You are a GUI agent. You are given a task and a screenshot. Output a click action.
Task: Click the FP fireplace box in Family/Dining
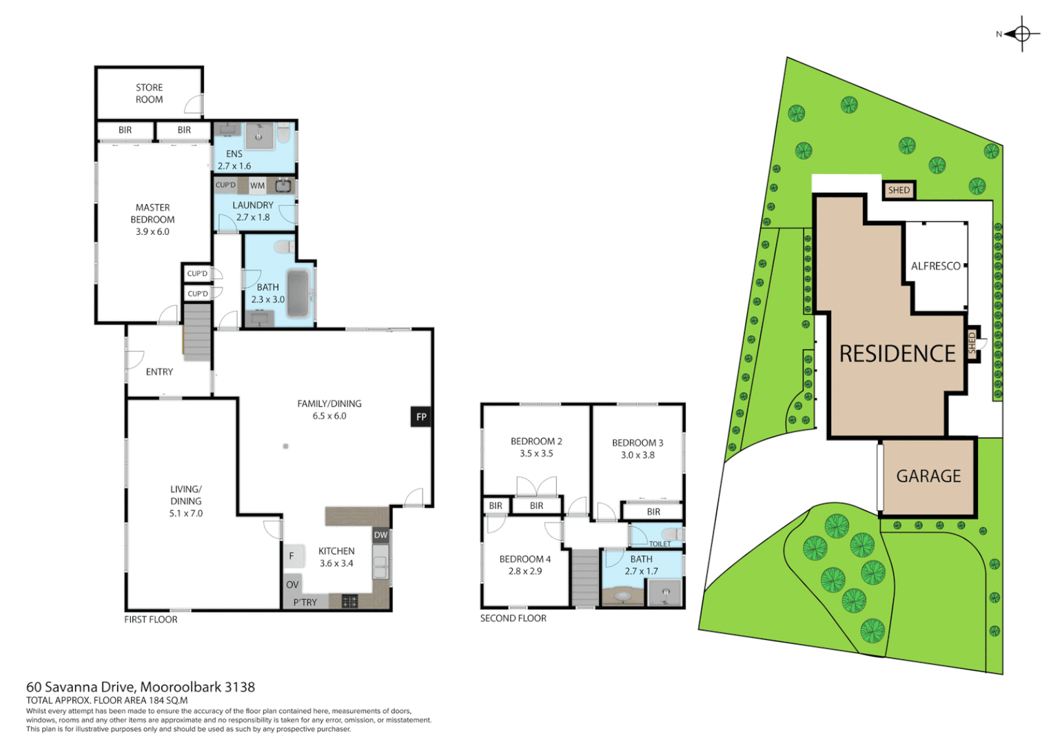(420, 417)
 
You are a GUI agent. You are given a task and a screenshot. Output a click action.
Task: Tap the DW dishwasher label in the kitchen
(380, 535)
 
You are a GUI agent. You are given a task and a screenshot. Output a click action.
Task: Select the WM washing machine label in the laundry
(257, 185)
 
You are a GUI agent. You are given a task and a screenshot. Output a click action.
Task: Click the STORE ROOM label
(149, 93)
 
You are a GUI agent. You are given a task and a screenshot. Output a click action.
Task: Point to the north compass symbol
(1021, 34)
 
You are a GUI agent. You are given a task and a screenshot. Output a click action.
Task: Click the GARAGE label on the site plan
(928, 476)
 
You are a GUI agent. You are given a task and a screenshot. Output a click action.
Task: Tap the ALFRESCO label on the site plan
(935, 266)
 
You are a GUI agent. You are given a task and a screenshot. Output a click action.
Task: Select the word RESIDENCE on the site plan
(897, 353)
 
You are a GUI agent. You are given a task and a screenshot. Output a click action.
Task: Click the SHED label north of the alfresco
(899, 190)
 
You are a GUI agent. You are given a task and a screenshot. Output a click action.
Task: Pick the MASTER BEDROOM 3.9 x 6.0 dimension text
(152, 231)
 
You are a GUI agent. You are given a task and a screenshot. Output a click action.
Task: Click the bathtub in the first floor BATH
(298, 293)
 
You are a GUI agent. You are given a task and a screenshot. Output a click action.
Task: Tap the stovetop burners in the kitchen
(349, 601)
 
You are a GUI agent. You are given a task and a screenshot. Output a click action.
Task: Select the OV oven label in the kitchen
(292, 584)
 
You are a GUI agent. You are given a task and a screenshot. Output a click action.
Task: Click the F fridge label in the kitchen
(292, 556)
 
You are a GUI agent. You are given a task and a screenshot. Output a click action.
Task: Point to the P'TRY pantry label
(305, 602)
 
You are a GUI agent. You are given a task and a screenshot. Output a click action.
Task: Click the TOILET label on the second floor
(660, 544)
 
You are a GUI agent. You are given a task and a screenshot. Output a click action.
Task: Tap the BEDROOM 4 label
(525, 559)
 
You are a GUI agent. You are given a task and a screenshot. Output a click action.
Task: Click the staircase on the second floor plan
(584, 577)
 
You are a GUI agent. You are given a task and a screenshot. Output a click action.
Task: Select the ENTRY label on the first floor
(159, 372)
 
